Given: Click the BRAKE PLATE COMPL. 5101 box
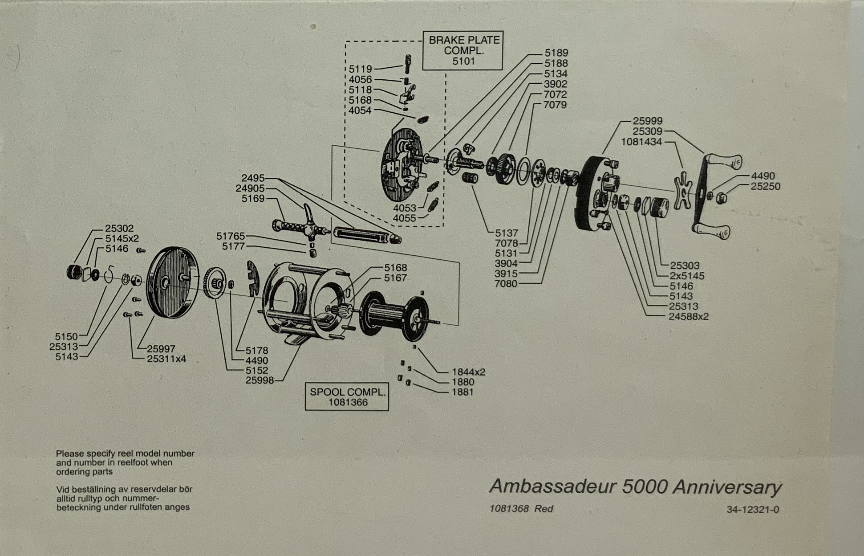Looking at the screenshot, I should pos(463,50).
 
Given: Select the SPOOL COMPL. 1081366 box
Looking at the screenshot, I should pos(347,397).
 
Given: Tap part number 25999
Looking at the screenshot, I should pos(648,121).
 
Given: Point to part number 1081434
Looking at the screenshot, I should pos(641,142).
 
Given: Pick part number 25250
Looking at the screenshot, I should pos(766,186).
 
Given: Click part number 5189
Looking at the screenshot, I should pos(556,53).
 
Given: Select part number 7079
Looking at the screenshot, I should pos(555,105).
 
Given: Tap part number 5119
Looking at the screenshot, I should pos(360,69).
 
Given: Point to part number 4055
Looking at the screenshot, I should pos(404,218).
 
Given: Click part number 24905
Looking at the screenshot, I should pos(250,188).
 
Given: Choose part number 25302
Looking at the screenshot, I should pos(119,229).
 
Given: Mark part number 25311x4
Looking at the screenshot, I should pos(166,359).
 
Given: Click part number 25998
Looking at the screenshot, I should pos(260,380).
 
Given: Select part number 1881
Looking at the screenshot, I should pos(463,392).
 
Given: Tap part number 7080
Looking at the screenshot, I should pos(506,284).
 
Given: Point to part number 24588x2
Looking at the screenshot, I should pos(689,317).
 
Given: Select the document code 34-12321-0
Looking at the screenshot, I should pos(753,510).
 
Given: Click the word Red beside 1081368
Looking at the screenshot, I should pos(544,509).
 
